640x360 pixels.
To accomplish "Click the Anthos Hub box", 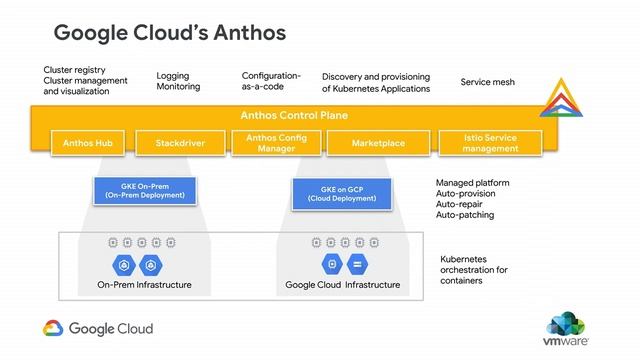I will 88,143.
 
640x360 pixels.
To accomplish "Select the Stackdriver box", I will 181,143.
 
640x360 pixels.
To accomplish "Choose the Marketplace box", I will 378,143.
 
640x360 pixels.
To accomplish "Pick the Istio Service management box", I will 491,142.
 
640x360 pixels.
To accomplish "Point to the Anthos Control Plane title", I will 294,115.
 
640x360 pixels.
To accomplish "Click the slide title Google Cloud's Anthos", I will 169,32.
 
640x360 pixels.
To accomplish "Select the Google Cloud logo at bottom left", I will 97,328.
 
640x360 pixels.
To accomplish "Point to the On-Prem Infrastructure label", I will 144,285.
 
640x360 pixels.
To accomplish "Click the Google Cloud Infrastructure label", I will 342,285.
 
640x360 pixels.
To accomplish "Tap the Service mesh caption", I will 487,81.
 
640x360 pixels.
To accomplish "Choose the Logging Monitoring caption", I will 178,81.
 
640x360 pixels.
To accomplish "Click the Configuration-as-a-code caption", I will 271,81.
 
